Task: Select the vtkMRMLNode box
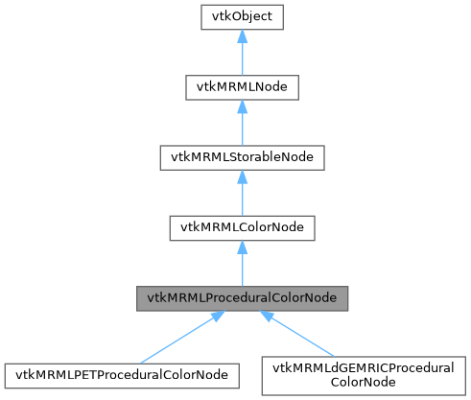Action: pos(240,88)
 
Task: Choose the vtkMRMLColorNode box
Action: pos(240,228)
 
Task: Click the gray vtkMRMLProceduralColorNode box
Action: pos(240,298)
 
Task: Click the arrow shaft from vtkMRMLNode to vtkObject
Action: pos(240,58)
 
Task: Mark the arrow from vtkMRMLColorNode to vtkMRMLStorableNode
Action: pos(240,198)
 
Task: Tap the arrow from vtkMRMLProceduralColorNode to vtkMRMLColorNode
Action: pos(240,268)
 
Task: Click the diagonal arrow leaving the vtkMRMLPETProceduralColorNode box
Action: pos(173,339)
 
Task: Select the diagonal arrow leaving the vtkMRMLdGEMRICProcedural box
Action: pos(307,338)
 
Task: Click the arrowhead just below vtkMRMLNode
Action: pos(240,106)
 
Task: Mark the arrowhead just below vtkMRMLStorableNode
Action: pos(240,176)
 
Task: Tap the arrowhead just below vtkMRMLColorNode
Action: pos(240,247)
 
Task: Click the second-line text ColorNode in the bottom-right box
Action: pos(363,381)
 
